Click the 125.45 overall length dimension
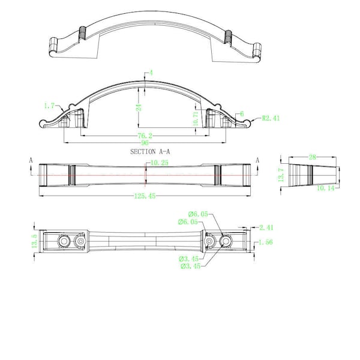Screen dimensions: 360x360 point(145,196)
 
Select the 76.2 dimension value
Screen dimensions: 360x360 point(145,136)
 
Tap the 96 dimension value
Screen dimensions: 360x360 point(145,143)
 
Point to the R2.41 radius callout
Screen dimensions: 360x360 point(271,118)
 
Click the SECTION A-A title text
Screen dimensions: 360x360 point(150,152)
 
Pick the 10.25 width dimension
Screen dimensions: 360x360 point(160,163)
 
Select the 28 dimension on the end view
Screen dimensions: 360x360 point(312,157)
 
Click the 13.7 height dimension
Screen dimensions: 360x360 point(281,175)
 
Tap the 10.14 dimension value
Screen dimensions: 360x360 point(326,188)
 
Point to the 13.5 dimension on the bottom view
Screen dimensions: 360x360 point(34,241)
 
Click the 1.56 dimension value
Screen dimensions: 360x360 point(266,242)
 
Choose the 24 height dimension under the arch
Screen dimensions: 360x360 point(139,107)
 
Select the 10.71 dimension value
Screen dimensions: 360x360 point(196,119)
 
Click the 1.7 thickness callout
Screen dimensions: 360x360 point(49,106)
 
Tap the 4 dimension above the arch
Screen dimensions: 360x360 point(151,73)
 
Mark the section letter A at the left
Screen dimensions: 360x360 point(31,160)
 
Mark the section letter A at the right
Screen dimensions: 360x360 point(257,160)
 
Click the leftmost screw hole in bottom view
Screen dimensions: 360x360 point(64,241)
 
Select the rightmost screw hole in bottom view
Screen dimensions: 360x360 point(226,241)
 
